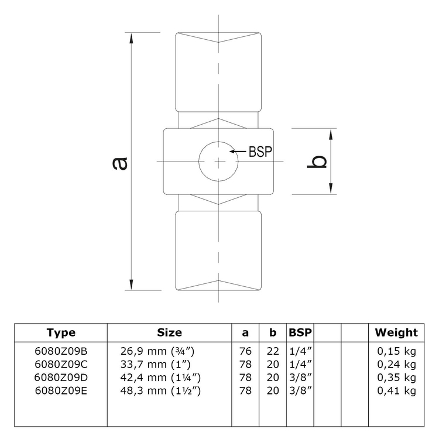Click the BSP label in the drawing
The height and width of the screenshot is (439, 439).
pyautogui.click(x=260, y=152)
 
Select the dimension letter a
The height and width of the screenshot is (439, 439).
pyautogui.click(x=120, y=164)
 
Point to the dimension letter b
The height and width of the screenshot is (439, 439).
pyautogui.click(x=317, y=162)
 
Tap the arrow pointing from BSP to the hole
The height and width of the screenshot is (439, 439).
pyautogui.click(x=238, y=152)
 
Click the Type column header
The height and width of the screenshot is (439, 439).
pyautogui.click(x=61, y=332)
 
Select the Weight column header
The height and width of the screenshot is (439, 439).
pyautogui.click(x=396, y=332)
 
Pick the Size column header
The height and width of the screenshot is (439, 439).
pyautogui.click(x=169, y=332)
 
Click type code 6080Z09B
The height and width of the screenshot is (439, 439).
pyautogui.click(x=61, y=351)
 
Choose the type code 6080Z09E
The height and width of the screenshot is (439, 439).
pyautogui.click(x=61, y=391)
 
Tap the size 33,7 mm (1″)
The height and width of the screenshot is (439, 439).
pyautogui.click(x=155, y=365)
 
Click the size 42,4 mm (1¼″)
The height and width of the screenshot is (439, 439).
pyautogui.click(x=160, y=378)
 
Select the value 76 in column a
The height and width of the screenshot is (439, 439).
pyautogui.click(x=245, y=351)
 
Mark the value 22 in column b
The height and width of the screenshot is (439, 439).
pyautogui.click(x=273, y=351)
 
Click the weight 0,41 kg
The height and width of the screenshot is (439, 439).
pyautogui.click(x=396, y=391)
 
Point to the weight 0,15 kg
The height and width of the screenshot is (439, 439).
pyautogui.click(x=396, y=351)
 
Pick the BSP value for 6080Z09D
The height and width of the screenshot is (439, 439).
pyautogui.click(x=301, y=378)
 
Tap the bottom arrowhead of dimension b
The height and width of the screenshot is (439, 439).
pyautogui.click(x=331, y=188)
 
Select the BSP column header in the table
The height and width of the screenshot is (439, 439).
pyautogui.click(x=300, y=332)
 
